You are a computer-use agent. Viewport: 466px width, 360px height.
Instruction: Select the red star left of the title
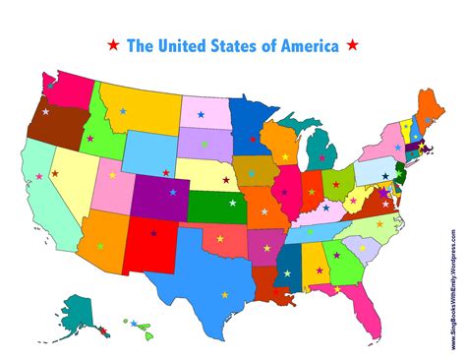(114, 45)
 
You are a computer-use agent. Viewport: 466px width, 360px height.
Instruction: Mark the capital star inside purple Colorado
(173, 192)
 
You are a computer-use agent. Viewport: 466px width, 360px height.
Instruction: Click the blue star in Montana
(124, 111)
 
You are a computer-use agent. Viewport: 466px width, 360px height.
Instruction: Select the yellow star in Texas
(224, 293)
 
